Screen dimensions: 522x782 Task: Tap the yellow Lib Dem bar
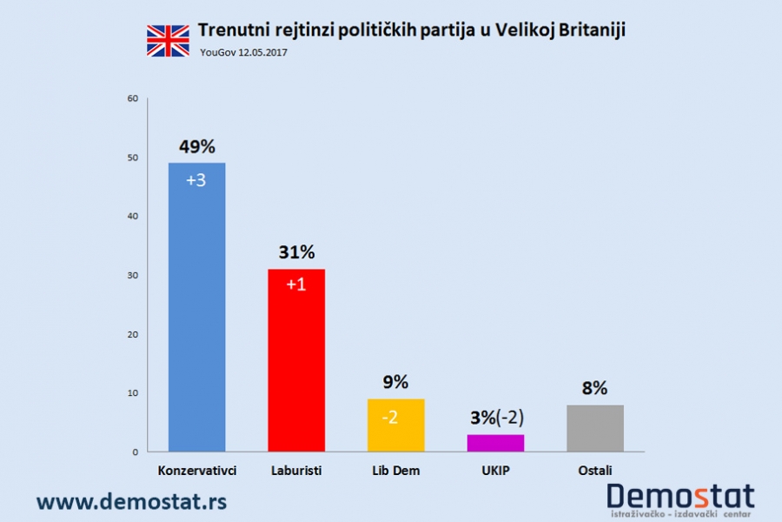396,426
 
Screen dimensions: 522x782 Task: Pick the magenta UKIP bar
495,443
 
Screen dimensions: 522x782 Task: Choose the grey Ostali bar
595,429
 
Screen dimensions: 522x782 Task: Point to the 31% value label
296,252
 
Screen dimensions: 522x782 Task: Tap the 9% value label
395,382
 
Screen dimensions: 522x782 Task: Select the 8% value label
595,388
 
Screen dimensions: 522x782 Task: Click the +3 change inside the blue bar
197,180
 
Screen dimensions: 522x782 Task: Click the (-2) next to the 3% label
509,417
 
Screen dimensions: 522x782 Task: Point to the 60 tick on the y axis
133,98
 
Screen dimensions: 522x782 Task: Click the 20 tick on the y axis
133,334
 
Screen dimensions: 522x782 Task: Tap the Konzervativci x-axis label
197,471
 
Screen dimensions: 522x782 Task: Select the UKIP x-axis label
495,471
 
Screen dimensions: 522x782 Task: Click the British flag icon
168,40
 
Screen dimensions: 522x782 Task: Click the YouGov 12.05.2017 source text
243,52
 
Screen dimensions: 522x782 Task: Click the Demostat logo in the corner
680,499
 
